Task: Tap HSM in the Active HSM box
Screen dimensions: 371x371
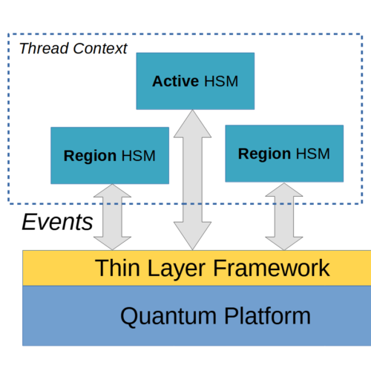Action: [221, 82]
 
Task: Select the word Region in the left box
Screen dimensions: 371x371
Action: [90, 157]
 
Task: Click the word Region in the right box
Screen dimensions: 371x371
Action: [264, 154]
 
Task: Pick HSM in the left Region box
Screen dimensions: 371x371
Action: [139, 156]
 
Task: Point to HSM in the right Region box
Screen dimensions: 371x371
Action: [313, 154]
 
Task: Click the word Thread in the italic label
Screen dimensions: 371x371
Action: [44, 48]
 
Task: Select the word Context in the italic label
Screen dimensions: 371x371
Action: [100, 48]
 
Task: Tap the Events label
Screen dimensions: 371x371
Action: [57, 222]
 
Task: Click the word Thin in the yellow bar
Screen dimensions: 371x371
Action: [117, 268]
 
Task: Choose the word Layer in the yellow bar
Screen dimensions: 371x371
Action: [177, 269]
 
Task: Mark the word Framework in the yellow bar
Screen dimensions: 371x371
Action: [272, 268]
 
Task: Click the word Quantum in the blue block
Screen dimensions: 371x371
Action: [168, 317]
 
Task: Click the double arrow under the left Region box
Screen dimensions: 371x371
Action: [112, 217]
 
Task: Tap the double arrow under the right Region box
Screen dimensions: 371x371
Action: [284, 217]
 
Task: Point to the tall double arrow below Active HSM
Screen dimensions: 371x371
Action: [192, 180]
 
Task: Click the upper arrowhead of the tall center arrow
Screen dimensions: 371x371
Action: [192, 124]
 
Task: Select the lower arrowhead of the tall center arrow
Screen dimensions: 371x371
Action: [192, 236]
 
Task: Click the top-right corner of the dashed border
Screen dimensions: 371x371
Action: [362, 34]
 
